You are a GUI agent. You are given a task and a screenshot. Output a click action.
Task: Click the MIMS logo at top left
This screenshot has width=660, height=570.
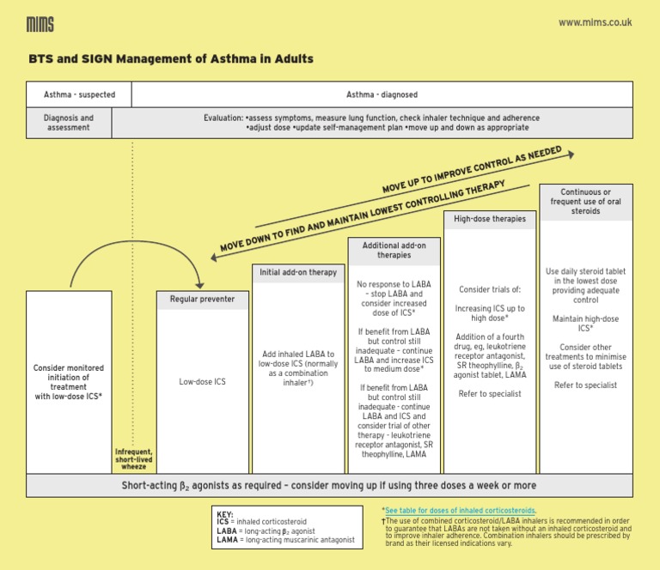point(40,24)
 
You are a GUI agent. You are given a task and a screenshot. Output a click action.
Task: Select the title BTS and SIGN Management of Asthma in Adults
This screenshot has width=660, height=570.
point(170,59)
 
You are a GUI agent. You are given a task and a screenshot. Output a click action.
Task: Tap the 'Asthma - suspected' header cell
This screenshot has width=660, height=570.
point(79,94)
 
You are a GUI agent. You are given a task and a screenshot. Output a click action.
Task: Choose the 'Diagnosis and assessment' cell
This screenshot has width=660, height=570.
point(69,123)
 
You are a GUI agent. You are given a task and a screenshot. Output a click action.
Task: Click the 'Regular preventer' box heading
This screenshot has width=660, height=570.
point(202,300)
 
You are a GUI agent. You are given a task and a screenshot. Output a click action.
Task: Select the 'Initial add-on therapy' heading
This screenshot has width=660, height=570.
point(298,272)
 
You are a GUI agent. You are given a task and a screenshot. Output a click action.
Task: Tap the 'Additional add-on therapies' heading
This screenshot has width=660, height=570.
point(394,250)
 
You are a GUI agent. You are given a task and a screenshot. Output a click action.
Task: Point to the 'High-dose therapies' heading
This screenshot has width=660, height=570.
point(490,219)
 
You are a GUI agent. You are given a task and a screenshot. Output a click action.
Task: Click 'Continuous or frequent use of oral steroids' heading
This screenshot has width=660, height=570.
point(585,201)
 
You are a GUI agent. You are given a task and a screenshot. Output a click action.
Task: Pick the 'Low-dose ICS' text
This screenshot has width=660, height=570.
point(202,381)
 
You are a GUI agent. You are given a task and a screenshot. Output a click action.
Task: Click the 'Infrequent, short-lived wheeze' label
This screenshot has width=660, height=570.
point(133,459)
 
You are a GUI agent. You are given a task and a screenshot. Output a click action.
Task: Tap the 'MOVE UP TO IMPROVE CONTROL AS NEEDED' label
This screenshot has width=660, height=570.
point(472,169)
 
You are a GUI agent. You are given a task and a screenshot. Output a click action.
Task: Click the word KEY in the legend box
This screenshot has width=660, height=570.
point(225,513)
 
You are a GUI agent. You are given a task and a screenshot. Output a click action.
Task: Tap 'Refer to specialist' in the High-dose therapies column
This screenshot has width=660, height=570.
point(490,393)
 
